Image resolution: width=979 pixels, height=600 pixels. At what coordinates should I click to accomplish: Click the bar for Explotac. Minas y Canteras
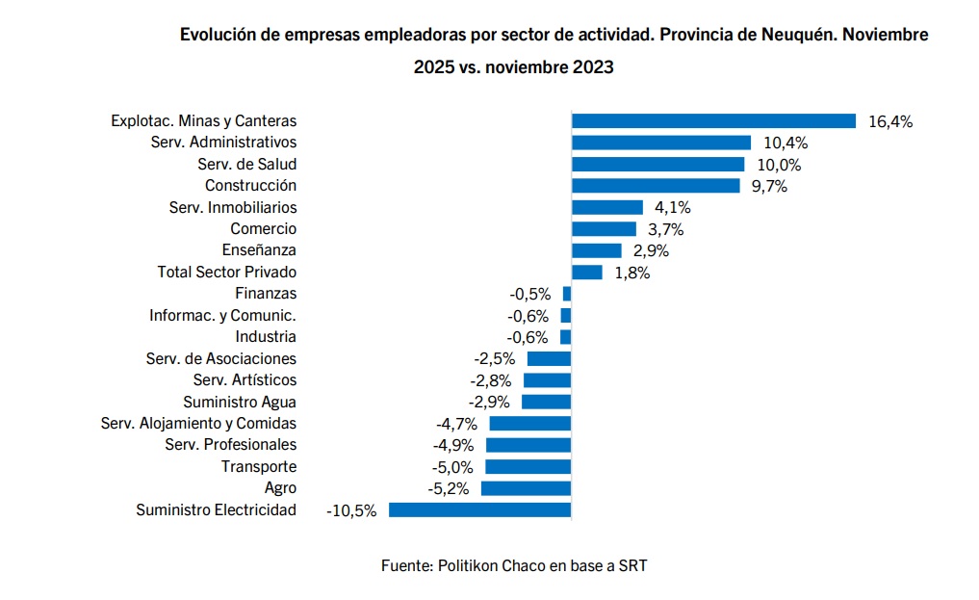coord(713,121)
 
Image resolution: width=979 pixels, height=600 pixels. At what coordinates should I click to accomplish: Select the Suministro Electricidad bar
coord(479,509)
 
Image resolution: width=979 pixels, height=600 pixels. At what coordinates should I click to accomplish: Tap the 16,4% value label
coord(889,121)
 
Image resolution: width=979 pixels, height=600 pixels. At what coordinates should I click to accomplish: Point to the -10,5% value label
coord(351,509)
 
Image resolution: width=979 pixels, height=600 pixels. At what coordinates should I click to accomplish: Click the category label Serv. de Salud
coord(246,164)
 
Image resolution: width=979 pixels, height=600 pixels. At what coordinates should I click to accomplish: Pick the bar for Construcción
coord(656,186)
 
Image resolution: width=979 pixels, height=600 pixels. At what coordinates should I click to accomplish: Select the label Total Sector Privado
coord(226,273)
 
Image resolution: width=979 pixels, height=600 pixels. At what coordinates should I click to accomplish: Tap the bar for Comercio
coord(604,229)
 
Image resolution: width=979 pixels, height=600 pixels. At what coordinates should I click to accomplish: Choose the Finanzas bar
coord(567,294)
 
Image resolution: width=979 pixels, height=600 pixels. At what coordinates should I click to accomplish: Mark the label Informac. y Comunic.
coord(222,315)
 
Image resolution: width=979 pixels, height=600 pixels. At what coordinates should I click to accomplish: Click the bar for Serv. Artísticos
coord(547,380)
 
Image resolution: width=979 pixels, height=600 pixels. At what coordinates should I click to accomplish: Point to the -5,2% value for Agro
coord(448,488)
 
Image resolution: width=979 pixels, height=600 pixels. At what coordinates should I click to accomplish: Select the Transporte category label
coord(259,466)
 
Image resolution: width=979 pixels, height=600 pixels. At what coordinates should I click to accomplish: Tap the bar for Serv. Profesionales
coord(528,445)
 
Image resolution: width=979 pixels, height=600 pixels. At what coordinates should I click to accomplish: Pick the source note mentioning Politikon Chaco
coord(514,565)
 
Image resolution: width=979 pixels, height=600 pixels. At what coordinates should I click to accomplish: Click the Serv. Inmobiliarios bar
coord(606,207)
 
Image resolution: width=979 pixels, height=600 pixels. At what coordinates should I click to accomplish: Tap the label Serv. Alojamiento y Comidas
coord(198,423)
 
